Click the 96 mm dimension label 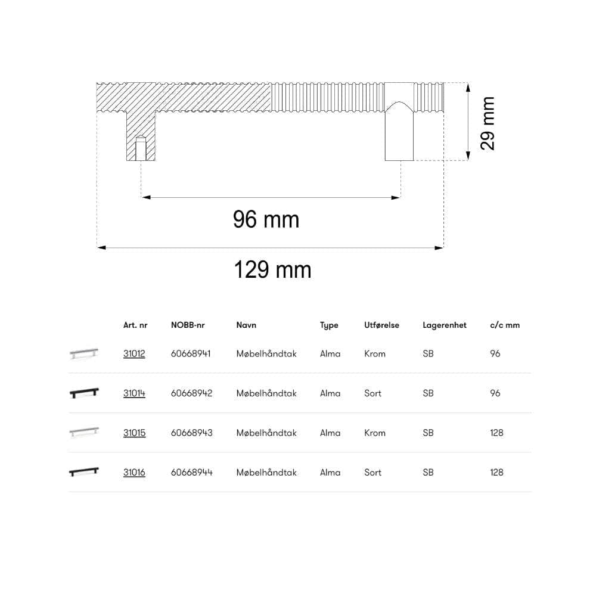266,219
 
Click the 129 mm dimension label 272,269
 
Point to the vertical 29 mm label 488,123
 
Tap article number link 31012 134,353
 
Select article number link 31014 134,393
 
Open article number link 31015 134,433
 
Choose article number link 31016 134,472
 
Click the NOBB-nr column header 188,325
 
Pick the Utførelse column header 381,325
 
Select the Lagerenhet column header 445,325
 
